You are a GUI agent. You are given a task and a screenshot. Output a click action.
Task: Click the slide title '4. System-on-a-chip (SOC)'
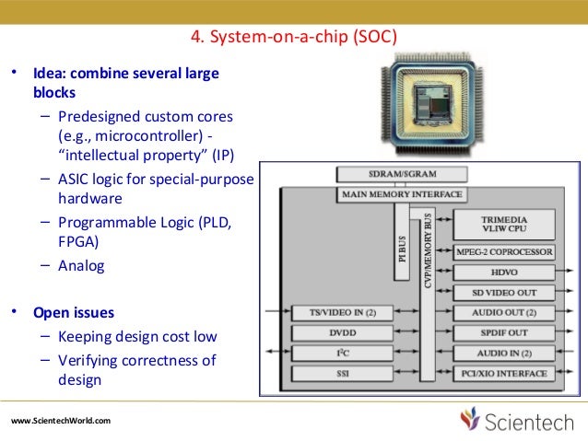293,37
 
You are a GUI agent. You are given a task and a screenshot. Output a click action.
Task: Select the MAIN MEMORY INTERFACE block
402,194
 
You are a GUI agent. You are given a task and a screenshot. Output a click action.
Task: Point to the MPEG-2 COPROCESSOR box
504,251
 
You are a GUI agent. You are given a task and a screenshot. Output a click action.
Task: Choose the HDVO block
504,273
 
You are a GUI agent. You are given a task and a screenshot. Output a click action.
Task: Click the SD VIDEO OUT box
504,293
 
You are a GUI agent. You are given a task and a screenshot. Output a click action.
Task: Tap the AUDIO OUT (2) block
504,313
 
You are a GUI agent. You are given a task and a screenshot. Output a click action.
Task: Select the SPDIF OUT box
504,332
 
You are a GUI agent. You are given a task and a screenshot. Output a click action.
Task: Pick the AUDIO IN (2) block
504,353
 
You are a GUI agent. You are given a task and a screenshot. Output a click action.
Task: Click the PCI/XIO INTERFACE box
504,374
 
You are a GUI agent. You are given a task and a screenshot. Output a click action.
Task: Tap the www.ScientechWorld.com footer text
61,421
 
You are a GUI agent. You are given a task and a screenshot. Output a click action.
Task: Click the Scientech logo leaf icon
471,420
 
